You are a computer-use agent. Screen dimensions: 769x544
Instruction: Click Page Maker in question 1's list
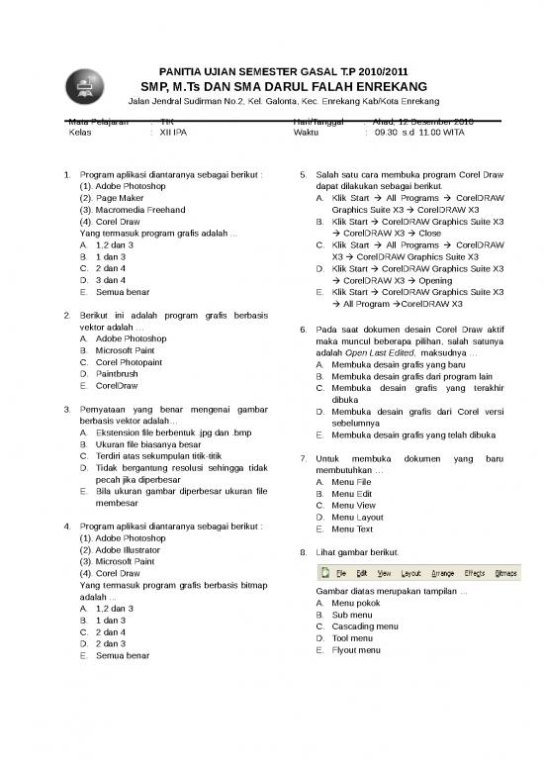click(112, 198)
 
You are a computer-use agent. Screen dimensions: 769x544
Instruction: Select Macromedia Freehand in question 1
click(131, 210)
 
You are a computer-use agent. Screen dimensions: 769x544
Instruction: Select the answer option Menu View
click(353, 505)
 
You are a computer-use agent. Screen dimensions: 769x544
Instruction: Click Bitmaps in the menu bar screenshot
click(505, 573)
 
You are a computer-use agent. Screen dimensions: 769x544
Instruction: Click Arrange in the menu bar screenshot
click(442, 573)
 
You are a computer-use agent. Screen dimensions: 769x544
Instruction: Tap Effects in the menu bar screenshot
click(474, 573)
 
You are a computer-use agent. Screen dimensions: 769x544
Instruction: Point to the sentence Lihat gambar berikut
click(355, 552)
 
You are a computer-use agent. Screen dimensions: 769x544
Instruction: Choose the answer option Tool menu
click(352, 638)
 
